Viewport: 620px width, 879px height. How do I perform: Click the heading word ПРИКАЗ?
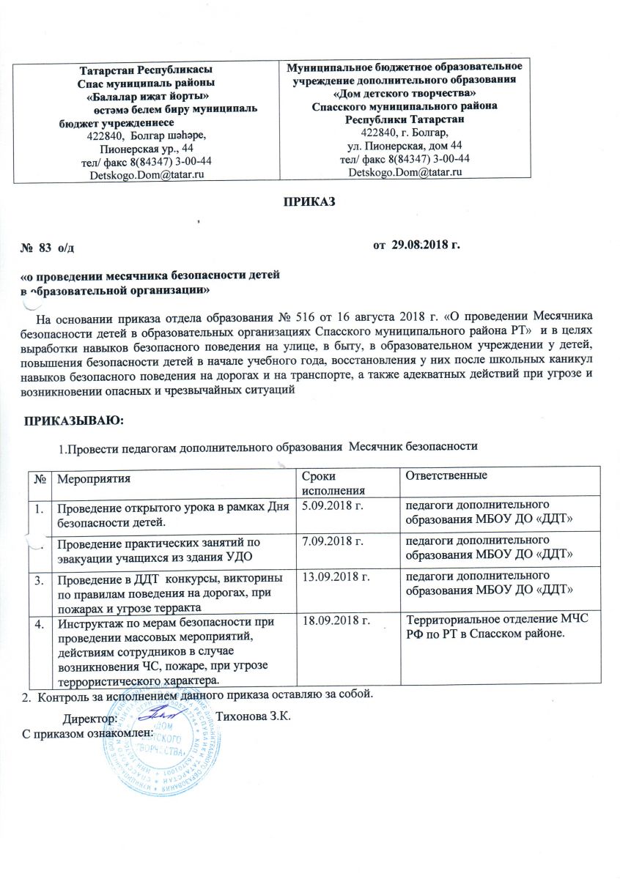[x=309, y=201]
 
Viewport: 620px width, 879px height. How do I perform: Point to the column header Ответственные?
[x=443, y=476]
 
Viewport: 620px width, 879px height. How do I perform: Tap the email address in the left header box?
[x=145, y=174]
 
